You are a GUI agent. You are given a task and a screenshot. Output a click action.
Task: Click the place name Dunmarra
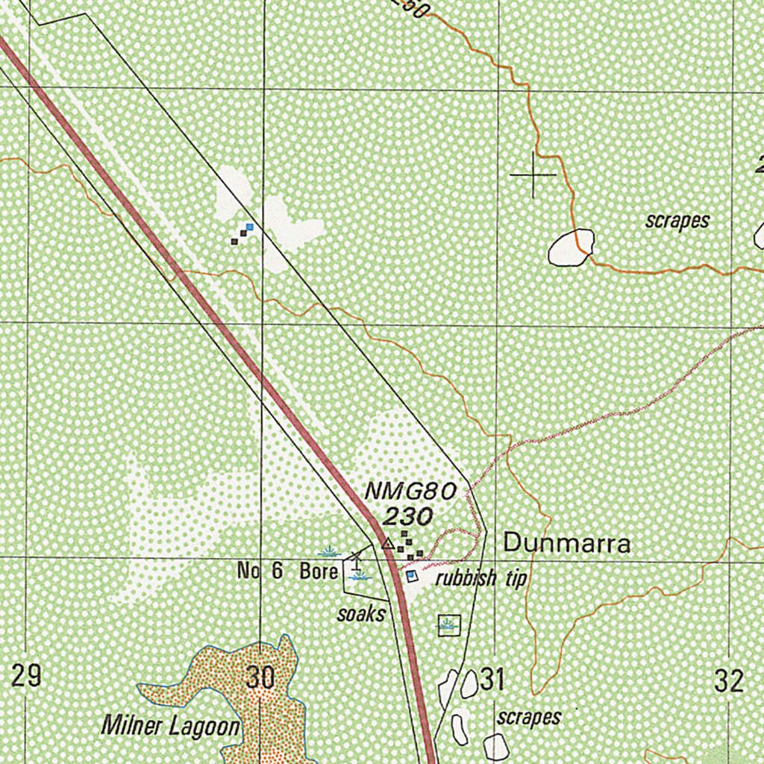point(567,543)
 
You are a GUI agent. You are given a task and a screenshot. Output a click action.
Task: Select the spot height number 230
point(408,516)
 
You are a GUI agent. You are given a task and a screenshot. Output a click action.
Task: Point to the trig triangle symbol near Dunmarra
point(387,545)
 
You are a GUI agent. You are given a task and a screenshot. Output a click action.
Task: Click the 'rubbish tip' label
point(481,577)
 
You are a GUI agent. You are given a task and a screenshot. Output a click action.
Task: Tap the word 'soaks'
point(361,615)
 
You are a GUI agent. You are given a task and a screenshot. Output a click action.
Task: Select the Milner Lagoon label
point(171,725)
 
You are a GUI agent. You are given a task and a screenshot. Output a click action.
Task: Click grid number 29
point(26,677)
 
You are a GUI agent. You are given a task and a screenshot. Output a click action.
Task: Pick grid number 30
point(260,678)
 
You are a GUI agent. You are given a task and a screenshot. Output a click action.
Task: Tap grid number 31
point(492,680)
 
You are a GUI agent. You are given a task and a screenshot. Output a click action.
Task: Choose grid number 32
point(728,680)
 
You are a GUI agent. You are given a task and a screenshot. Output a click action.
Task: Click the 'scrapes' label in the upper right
point(677,221)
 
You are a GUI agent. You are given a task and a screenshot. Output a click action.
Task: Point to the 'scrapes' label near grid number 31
point(529,718)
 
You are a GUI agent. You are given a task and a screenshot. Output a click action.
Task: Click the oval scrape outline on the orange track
point(572,248)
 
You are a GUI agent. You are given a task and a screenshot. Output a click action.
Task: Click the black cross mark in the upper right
point(533,175)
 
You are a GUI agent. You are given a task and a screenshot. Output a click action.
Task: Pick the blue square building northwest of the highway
point(249,227)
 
